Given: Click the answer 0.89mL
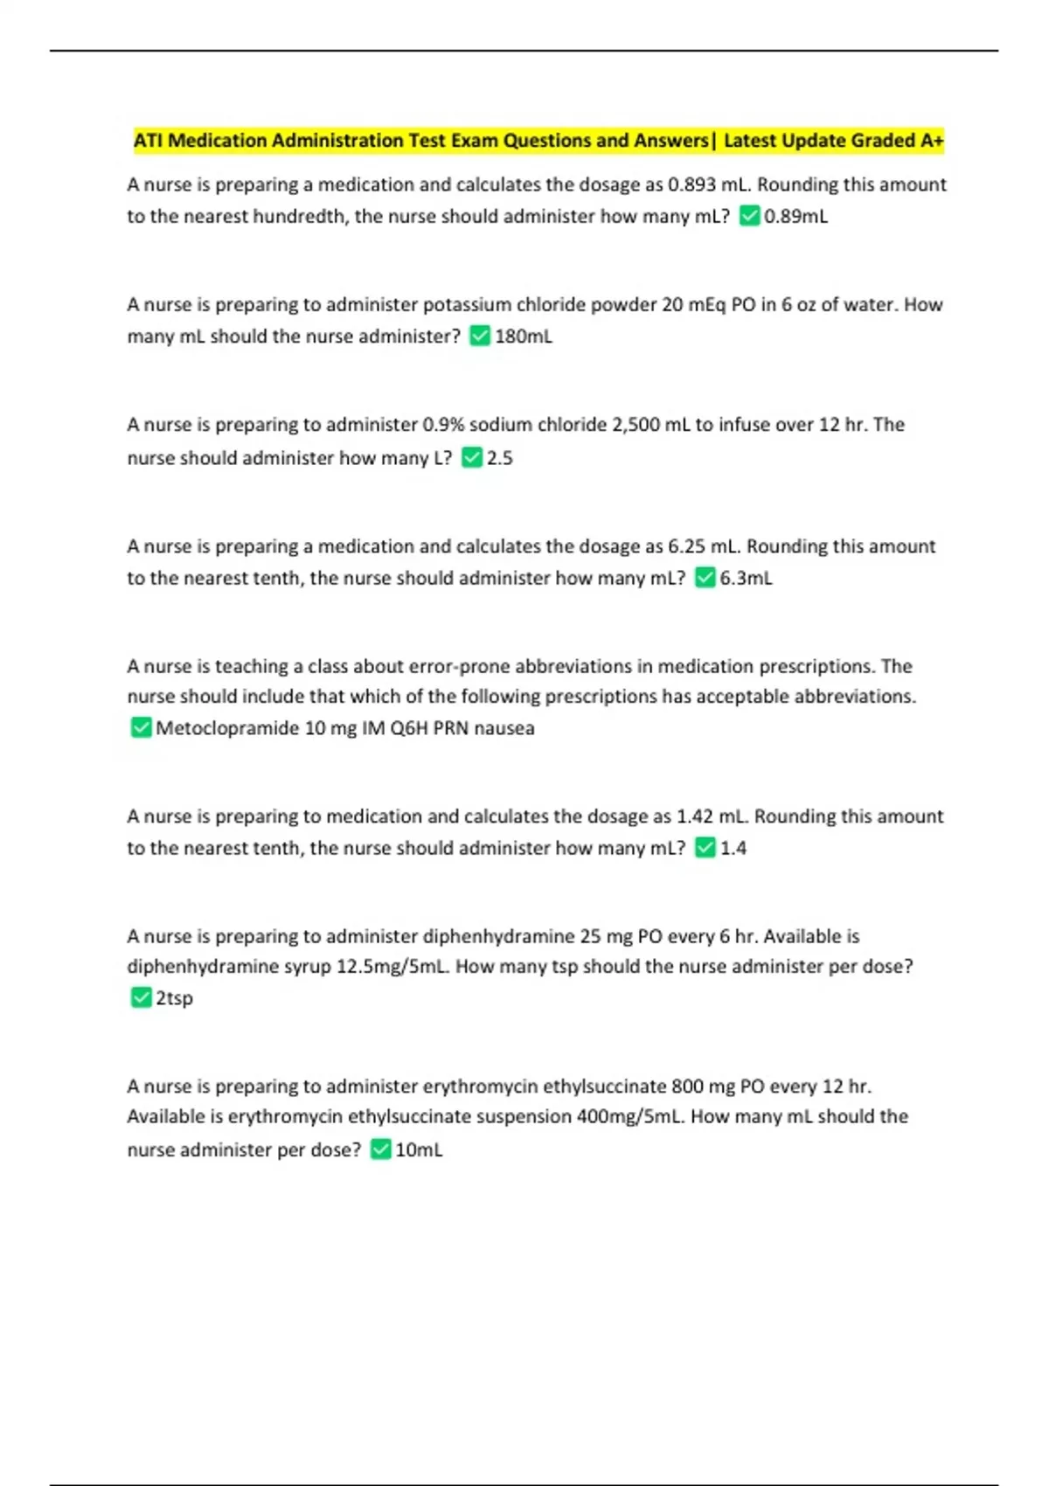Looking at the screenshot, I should click(795, 216).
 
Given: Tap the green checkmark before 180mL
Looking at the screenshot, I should click(480, 336).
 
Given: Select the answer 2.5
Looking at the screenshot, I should click(499, 458).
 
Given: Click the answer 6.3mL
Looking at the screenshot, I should click(746, 578).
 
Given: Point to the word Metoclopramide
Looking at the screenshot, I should click(227, 728).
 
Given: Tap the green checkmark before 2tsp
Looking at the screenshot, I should click(141, 997).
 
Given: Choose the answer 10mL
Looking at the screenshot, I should click(419, 1149).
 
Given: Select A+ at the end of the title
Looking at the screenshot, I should click(932, 141).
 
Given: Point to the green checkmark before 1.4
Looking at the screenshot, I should click(705, 848).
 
